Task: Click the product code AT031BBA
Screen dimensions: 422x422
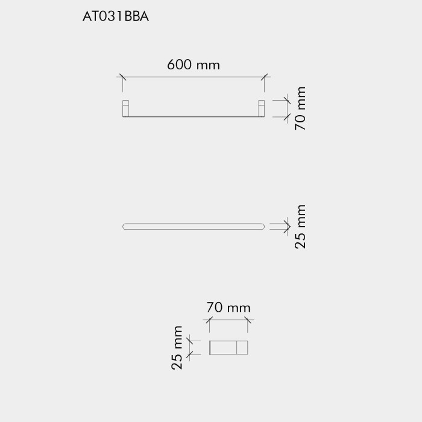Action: click(115, 17)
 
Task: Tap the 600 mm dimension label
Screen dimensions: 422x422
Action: click(194, 65)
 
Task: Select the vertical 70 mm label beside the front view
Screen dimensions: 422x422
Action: click(300, 109)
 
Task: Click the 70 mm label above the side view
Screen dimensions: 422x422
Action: click(228, 307)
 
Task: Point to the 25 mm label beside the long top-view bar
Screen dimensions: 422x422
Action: click(300, 227)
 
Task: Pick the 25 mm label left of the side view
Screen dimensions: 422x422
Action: click(177, 348)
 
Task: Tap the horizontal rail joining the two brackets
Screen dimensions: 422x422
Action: click(194, 116)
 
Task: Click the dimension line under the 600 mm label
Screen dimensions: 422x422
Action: click(194, 77)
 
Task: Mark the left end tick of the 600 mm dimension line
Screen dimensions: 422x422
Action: click(122, 77)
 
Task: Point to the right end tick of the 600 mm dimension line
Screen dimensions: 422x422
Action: click(265, 77)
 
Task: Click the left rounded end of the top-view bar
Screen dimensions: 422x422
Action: click(125, 227)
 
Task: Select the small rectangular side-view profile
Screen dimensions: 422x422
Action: click(228, 348)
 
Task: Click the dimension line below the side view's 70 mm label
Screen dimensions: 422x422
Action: click(228, 321)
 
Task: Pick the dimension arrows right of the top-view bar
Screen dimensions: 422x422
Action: click(280, 227)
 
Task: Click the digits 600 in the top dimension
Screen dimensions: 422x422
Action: click(180, 65)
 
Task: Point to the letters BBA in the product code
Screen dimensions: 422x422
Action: click(136, 17)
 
